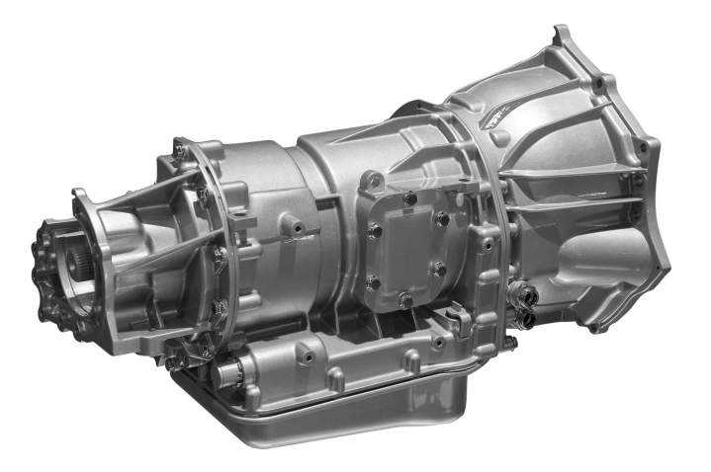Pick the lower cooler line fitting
(x=525, y=318)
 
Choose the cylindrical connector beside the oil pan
(x=234, y=375)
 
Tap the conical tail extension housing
(x=148, y=247)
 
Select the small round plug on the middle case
(x=294, y=227)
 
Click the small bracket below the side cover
(x=457, y=318)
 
